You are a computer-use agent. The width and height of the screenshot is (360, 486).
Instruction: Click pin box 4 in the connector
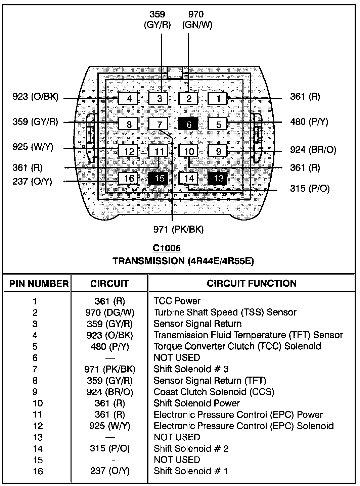[128, 99]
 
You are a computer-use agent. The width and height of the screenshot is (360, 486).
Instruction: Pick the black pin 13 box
[218, 178]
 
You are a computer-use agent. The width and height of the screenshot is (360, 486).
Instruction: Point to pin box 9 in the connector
[218, 151]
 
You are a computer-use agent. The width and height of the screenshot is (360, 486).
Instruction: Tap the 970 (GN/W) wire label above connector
[197, 19]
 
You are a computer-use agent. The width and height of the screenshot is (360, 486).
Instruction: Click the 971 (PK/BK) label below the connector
[178, 229]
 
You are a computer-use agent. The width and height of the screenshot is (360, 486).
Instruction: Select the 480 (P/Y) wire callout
[309, 121]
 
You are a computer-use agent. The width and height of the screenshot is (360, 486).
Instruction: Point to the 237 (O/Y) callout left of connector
[32, 182]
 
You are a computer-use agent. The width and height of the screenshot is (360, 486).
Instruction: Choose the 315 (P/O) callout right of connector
[310, 188]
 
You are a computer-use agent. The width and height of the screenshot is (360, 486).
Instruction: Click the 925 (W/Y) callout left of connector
[33, 147]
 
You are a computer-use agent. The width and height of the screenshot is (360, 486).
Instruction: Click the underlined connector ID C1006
[167, 248]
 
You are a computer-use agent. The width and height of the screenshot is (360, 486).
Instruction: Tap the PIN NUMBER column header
[39, 284]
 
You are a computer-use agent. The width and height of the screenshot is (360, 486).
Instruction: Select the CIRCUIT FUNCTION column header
[252, 283]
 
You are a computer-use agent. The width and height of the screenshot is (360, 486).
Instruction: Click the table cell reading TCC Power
[177, 301]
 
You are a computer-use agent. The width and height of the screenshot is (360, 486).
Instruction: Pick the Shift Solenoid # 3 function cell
[191, 369]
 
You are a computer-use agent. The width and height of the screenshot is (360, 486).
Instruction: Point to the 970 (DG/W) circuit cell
[109, 312]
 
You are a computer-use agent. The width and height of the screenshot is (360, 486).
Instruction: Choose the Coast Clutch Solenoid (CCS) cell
[214, 392]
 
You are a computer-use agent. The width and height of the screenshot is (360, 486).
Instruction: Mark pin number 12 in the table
[38, 426]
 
